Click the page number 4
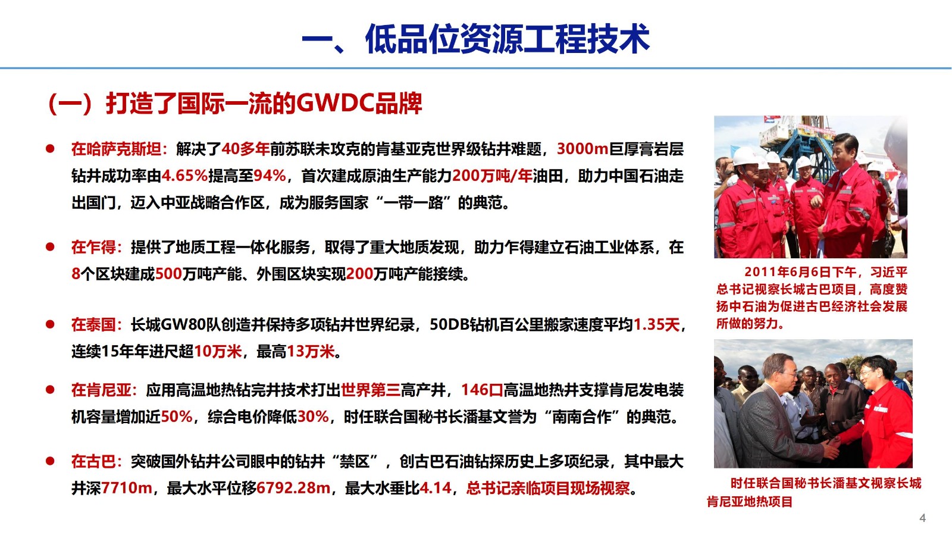tap(922, 518)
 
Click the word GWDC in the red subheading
tap(334, 104)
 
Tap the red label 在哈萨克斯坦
tap(117, 149)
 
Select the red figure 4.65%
tap(184, 176)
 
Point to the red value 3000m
tap(583, 149)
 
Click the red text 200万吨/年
tap(492, 176)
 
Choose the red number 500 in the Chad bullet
tap(169, 274)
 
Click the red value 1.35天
tap(657, 325)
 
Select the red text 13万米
tap(311, 352)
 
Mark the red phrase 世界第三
tap(371, 390)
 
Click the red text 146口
tap(482, 390)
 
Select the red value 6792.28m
tap(293, 488)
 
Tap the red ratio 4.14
tap(435, 488)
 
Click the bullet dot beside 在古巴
tap(50, 461)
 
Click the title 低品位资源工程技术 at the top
tap(508, 39)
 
